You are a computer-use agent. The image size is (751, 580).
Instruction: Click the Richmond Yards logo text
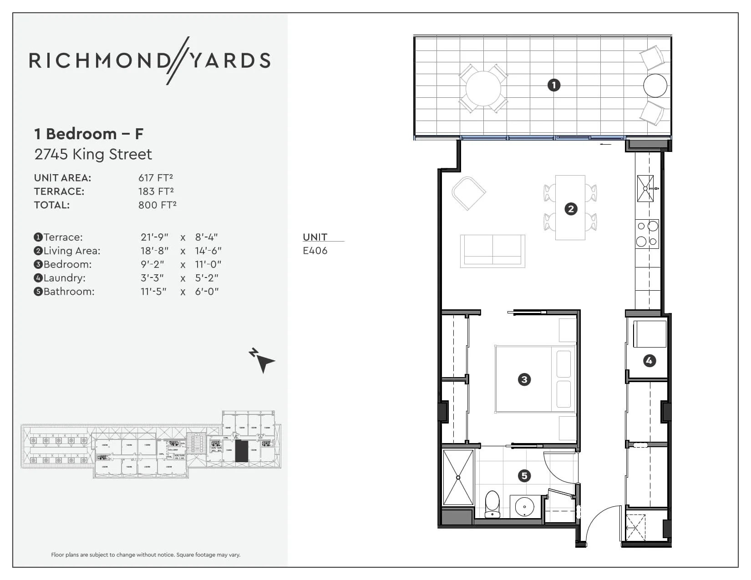point(150,61)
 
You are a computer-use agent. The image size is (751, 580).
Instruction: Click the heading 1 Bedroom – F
point(89,134)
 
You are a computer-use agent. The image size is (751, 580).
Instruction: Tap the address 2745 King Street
point(93,154)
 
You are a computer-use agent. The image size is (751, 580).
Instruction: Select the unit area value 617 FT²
point(156,178)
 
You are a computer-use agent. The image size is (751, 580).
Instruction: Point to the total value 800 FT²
point(157,205)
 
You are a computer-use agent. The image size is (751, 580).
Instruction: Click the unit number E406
point(315,251)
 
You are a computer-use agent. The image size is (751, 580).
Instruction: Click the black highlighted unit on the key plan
point(241,451)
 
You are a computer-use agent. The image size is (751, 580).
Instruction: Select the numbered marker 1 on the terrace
point(553,85)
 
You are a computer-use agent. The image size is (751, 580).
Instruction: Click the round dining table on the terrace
point(483,89)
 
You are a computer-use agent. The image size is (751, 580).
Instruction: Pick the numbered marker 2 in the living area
point(571,209)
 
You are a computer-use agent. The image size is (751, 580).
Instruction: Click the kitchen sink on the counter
point(645,188)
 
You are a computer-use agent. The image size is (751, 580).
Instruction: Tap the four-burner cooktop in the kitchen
point(647,234)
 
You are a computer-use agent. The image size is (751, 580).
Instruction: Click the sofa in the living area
point(492,251)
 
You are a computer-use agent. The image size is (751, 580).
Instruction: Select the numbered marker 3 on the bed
point(524,379)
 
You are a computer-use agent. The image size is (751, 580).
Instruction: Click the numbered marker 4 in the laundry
point(649,361)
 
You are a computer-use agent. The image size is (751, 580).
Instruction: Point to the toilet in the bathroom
point(492,504)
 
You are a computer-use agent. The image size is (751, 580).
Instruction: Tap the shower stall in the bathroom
point(458,477)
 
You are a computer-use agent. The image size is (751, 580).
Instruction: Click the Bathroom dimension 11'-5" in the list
point(153,292)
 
